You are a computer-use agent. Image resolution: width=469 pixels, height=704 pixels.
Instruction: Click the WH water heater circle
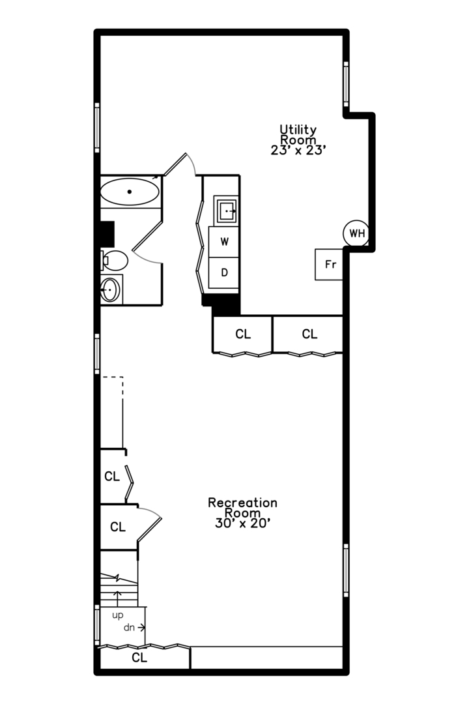356,233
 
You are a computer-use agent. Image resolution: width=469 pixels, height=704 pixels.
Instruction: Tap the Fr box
330,265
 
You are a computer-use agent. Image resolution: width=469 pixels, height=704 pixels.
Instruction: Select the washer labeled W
225,242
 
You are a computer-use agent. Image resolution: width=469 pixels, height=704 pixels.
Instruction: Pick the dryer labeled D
225,272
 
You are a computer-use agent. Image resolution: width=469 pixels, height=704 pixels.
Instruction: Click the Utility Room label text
298,134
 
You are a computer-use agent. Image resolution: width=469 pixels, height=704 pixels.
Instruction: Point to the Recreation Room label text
242,507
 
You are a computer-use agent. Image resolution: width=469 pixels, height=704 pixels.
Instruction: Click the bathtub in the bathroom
130,192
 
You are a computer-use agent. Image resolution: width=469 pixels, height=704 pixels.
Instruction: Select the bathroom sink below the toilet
110,289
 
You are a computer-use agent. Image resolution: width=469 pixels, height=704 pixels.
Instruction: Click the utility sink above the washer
227,211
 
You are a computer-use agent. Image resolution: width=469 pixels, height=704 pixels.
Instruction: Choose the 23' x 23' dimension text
298,150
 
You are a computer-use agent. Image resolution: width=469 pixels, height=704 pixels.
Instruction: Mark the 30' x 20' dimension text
242,523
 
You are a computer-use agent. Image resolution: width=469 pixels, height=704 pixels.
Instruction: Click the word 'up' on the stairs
117,615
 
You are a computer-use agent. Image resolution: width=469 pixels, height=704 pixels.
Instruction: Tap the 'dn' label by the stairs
130,628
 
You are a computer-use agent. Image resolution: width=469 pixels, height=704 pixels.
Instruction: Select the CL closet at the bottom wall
140,658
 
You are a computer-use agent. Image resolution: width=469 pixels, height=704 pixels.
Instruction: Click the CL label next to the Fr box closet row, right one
309,334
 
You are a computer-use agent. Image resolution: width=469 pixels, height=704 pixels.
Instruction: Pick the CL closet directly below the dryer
243,334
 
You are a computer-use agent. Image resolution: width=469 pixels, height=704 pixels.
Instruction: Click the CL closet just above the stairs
118,527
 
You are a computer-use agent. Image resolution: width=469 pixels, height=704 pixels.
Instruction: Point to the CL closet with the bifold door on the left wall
112,477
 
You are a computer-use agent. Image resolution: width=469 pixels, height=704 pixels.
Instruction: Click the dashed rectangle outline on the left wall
112,411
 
